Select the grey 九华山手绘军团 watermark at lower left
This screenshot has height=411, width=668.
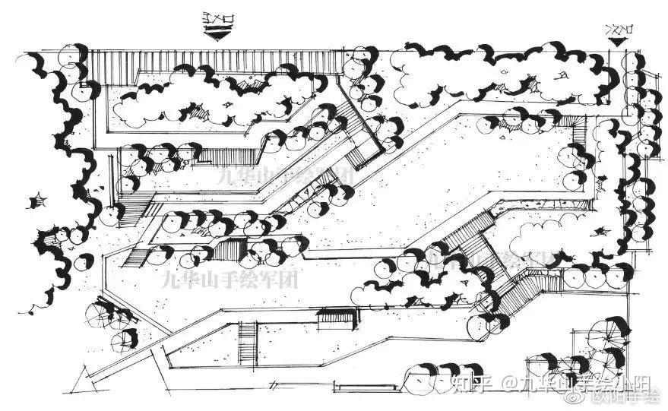point(231,277)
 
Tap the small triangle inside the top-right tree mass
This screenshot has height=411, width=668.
point(562,74)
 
